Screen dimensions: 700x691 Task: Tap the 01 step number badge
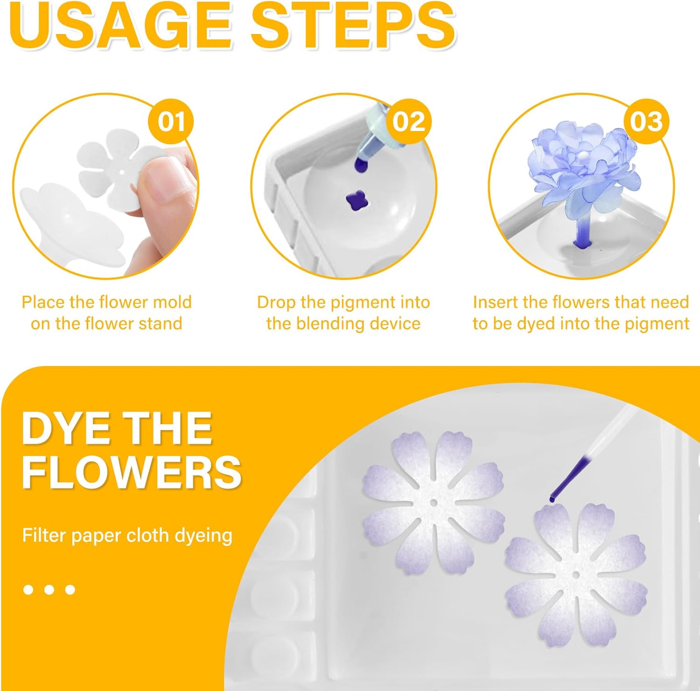[x=171, y=122]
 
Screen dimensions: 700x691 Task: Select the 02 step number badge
[x=409, y=122]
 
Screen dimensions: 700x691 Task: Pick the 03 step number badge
[x=646, y=122]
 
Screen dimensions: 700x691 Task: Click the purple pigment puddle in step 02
[x=357, y=201]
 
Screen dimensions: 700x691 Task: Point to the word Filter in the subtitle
[x=44, y=535]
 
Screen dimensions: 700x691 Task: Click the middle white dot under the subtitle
[x=49, y=590]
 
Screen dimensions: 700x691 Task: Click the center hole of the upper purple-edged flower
[x=434, y=503]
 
